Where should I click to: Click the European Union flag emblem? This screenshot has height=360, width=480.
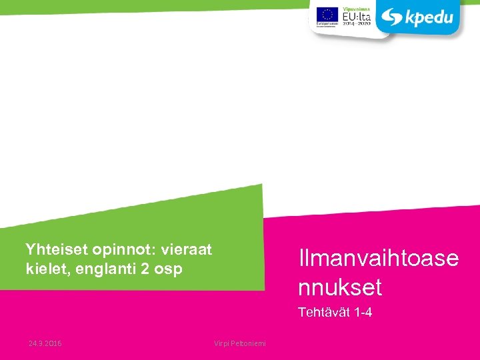[327, 14]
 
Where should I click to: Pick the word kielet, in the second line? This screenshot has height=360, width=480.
[45, 269]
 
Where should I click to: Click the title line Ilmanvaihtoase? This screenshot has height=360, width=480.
[379, 258]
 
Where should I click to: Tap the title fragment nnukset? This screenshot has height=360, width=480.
[340, 287]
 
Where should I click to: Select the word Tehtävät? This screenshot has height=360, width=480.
[323, 312]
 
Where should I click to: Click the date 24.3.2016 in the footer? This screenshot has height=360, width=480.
[45, 343]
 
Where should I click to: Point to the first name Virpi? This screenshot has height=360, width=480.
[221, 343]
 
